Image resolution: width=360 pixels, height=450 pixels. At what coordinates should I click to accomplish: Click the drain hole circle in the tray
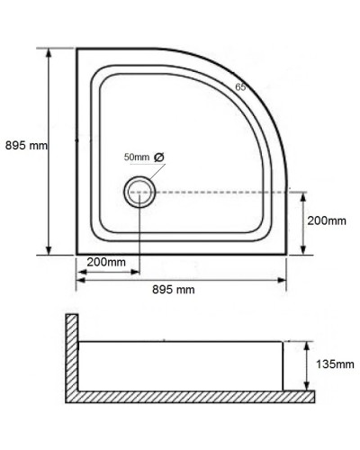(140, 191)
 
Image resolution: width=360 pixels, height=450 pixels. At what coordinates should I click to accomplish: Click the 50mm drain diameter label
(137, 157)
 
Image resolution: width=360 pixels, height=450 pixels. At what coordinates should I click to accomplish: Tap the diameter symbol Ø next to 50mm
(159, 157)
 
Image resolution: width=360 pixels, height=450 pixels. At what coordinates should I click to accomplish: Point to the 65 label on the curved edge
(240, 87)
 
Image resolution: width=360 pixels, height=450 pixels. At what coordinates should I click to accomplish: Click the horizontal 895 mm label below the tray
(174, 289)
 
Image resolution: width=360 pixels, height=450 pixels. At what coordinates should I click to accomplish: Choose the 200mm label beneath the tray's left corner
(106, 262)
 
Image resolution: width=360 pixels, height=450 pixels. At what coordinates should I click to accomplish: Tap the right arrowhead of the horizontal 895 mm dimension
(286, 278)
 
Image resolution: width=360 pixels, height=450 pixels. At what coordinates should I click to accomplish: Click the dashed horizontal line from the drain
(225, 191)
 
